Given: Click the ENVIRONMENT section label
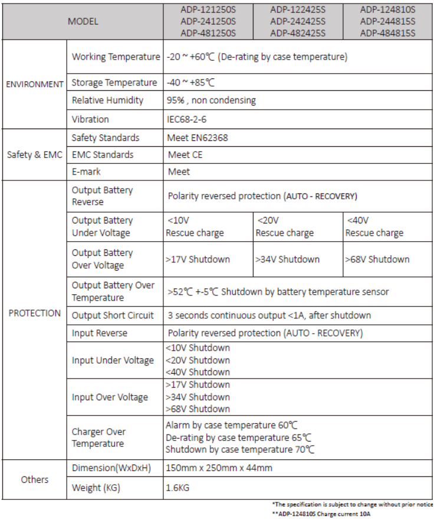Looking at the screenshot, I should tap(35, 84).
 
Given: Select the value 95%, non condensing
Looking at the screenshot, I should tap(212, 100).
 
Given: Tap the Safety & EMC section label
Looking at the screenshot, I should tap(35, 155).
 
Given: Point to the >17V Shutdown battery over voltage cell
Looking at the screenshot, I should tap(198, 259).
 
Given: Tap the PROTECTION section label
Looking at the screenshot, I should tap(35, 313).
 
